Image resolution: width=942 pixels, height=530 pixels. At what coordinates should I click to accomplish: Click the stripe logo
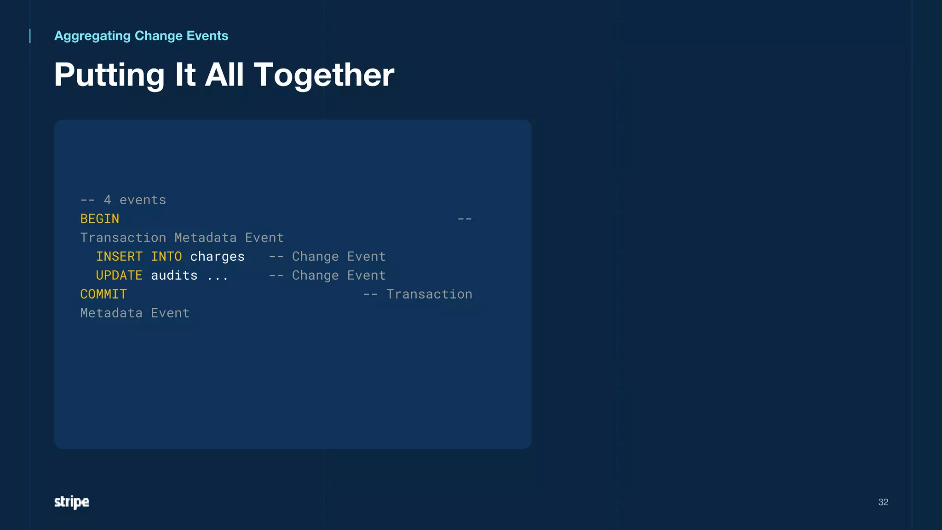pyautogui.click(x=71, y=502)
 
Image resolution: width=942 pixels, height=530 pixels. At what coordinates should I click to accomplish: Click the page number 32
pyautogui.click(x=883, y=502)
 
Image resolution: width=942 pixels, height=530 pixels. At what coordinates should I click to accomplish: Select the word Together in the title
pyautogui.click(x=324, y=75)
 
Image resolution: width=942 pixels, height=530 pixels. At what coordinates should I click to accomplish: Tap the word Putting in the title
pyautogui.click(x=109, y=75)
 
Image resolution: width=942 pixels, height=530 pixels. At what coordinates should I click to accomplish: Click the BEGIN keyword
pyautogui.click(x=100, y=219)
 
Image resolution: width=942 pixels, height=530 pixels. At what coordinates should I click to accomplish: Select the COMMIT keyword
pyautogui.click(x=103, y=294)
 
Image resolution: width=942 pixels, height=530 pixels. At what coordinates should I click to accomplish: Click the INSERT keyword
pyautogui.click(x=119, y=256)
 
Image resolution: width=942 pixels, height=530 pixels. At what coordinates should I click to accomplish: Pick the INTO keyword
pyautogui.click(x=166, y=256)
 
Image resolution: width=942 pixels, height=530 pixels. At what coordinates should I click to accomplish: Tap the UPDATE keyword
pyautogui.click(x=119, y=275)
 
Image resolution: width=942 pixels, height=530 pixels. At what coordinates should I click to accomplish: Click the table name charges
pyautogui.click(x=217, y=256)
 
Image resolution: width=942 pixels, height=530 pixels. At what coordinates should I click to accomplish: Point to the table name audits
pyautogui.click(x=174, y=275)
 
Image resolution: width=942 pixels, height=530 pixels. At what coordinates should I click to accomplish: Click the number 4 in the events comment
pyautogui.click(x=107, y=200)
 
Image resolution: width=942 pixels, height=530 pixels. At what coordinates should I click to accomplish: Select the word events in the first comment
pyautogui.click(x=143, y=200)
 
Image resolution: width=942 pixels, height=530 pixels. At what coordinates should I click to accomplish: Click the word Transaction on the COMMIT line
pyautogui.click(x=429, y=294)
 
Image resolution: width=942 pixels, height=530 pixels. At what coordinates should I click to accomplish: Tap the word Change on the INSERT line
pyautogui.click(x=315, y=256)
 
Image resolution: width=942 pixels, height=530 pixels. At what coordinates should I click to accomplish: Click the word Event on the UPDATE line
pyautogui.click(x=366, y=275)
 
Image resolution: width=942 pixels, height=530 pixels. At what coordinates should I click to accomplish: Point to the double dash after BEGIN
pyautogui.click(x=465, y=219)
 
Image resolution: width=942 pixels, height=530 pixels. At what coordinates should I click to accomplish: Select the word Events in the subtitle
pyautogui.click(x=207, y=36)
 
